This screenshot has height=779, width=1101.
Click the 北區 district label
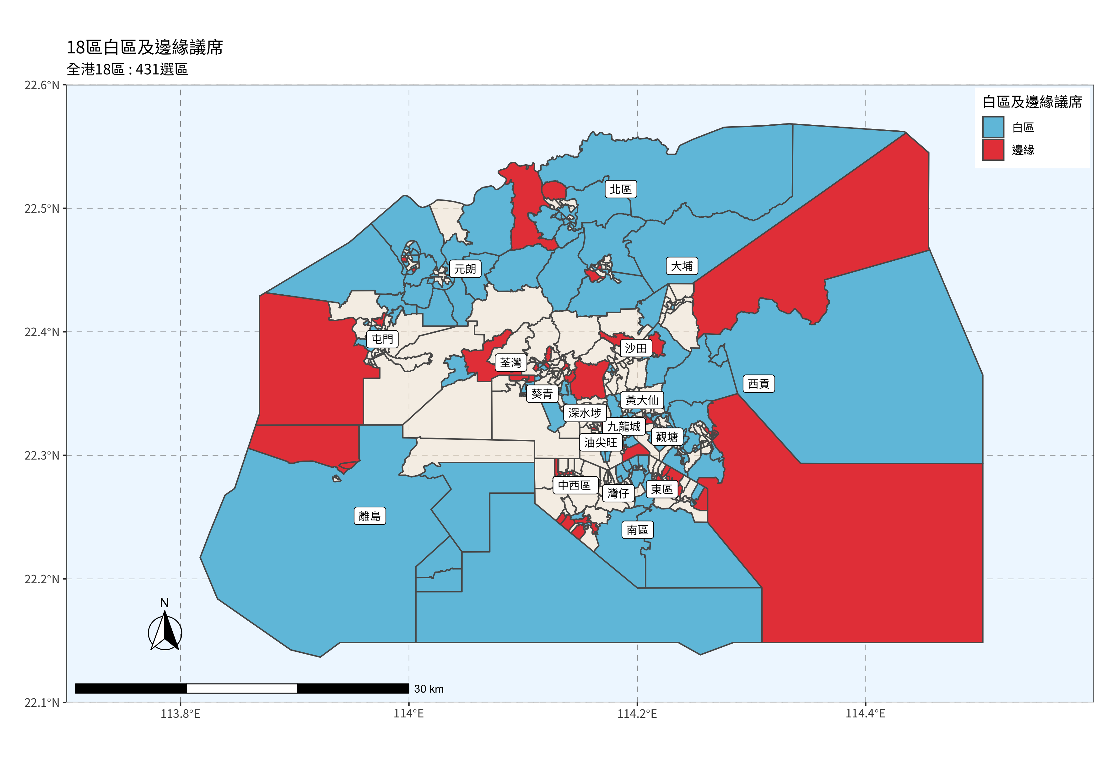tap(621, 189)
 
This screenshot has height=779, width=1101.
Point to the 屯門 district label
tap(382, 340)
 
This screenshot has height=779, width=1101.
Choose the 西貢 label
tap(758, 384)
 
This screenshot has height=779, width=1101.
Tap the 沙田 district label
tap(636, 348)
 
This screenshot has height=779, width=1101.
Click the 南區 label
tap(637, 530)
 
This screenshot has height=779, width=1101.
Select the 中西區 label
tap(575, 485)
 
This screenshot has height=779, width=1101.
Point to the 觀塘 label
tap(667, 437)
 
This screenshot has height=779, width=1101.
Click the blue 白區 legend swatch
tap(993, 127)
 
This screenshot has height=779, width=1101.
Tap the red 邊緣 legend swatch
tap(993, 150)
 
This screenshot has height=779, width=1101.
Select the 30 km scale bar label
tap(429, 689)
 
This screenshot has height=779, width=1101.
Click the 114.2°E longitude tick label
tap(637, 714)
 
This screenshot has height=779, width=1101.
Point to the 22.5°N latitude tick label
tap(42, 209)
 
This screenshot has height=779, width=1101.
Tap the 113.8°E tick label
tap(180, 714)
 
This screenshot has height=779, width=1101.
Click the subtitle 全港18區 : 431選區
tap(127, 69)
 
